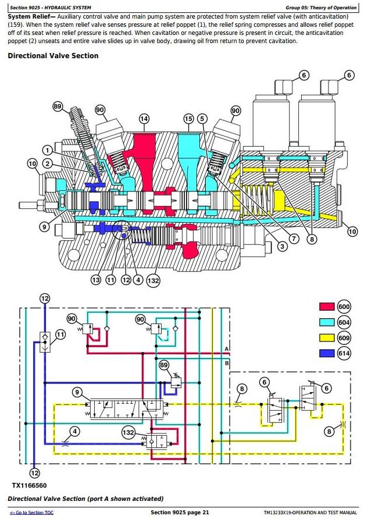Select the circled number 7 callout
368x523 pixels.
click(x=294, y=238)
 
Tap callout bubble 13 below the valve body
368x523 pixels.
click(x=96, y=280)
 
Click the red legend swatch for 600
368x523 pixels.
click(x=327, y=307)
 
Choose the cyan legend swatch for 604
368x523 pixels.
click(x=327, y=322)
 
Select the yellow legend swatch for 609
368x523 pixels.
click(x=327, y=337)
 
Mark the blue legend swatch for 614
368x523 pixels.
click(x=327, y=353)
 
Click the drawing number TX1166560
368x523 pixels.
click(x=29, y=485)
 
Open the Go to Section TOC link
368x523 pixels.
click(x=31, y=513)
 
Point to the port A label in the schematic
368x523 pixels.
click(x=227, y=348)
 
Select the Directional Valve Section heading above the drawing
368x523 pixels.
click(x=53, y=56)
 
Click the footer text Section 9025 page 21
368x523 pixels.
click(x=180, y=513)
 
